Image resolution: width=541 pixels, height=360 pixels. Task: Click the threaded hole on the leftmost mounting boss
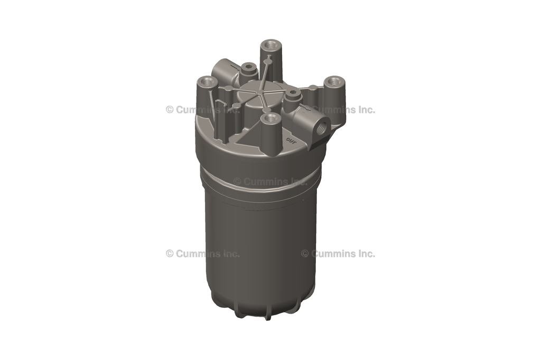[207, 82]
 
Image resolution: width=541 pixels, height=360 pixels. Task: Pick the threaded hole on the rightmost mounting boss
[334, 82]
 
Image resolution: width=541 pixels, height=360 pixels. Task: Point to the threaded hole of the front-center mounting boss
[271, 119]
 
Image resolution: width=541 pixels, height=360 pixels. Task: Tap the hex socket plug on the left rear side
[248, 67]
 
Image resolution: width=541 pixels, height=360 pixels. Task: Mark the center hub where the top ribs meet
[263, 96]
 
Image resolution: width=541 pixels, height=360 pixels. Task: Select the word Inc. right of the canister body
[365, 253]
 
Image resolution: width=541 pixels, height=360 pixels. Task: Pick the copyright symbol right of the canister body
[305, 253]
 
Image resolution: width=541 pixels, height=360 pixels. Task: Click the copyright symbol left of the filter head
[170, 110]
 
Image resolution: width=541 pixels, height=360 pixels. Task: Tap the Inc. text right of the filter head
[365, 110]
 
